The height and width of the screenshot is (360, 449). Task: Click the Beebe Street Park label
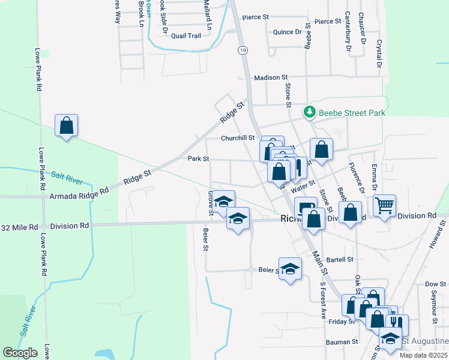coord(351,112)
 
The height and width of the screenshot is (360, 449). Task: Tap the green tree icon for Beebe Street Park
coord(310,112)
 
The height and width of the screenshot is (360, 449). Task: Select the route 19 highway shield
coord(242,50)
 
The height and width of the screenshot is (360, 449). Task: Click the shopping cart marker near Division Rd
coord(384,205)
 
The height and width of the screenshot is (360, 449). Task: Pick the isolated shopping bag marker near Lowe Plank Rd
coord(66,126)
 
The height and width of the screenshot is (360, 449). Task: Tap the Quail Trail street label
coord(185,36)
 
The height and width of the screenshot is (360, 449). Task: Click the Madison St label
coord(271,78)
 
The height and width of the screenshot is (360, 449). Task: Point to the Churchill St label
coord(238,138)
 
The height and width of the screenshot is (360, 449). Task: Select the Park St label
coord(198,159)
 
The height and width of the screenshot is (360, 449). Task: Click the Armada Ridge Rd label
coord(79,196)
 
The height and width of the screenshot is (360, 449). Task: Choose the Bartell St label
coord(340,260)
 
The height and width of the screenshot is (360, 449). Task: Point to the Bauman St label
coord(342,341)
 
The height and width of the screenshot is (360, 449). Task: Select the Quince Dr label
coord(287,32)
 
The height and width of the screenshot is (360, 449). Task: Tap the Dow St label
coord(432,284)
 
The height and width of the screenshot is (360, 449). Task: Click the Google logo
coord(20,352)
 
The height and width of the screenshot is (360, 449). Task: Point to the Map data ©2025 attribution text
coord(423,355)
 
